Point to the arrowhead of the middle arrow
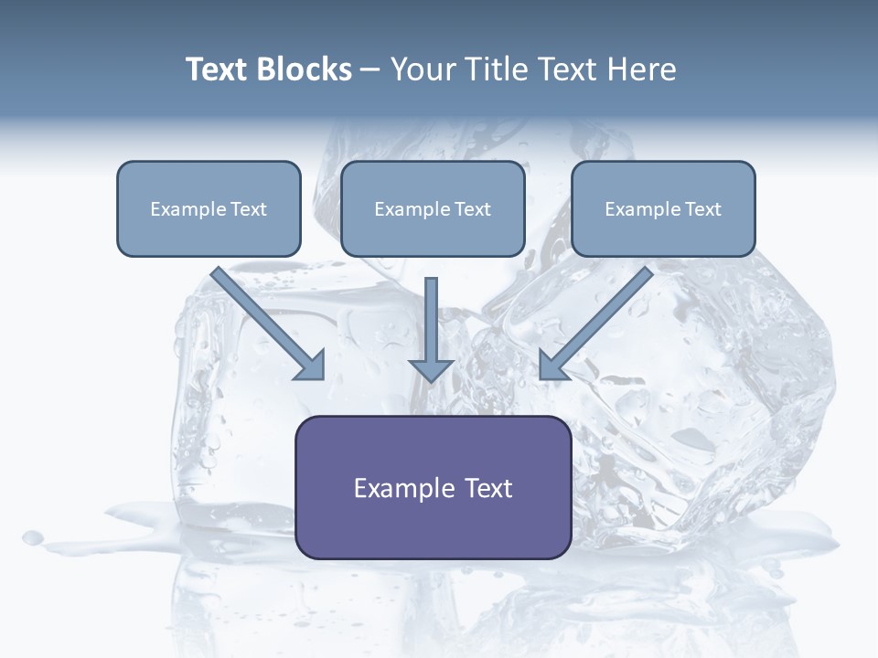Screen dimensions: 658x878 [431, 369]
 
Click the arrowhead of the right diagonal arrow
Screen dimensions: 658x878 [551, 366]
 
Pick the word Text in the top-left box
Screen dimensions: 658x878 [249, 209]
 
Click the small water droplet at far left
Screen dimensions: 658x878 [33, 537]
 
